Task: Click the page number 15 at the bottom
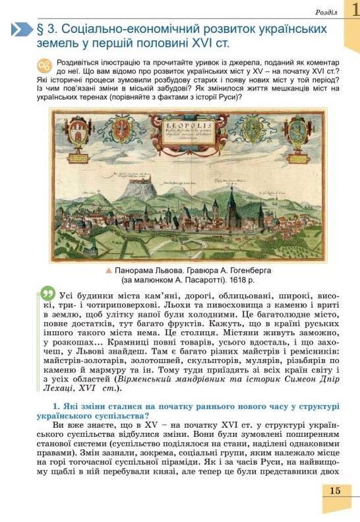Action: tap(335, 490)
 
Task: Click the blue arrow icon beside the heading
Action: tap(22, 30)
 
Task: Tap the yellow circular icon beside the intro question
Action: tap(44, 65)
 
